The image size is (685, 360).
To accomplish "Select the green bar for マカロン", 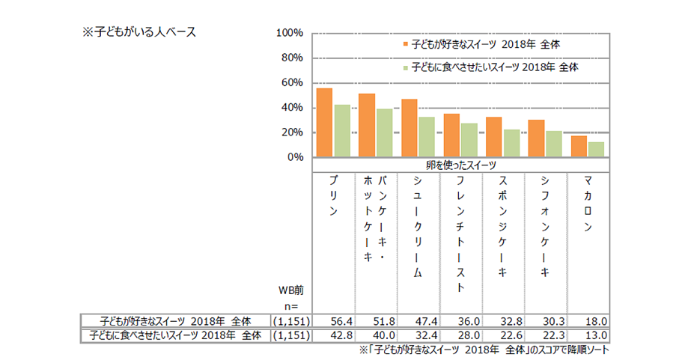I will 596,150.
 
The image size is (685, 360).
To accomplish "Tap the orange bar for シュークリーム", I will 410,128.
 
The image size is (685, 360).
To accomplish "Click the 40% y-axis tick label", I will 292,108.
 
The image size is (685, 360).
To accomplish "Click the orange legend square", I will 405,44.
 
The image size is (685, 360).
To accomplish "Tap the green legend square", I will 405,67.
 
